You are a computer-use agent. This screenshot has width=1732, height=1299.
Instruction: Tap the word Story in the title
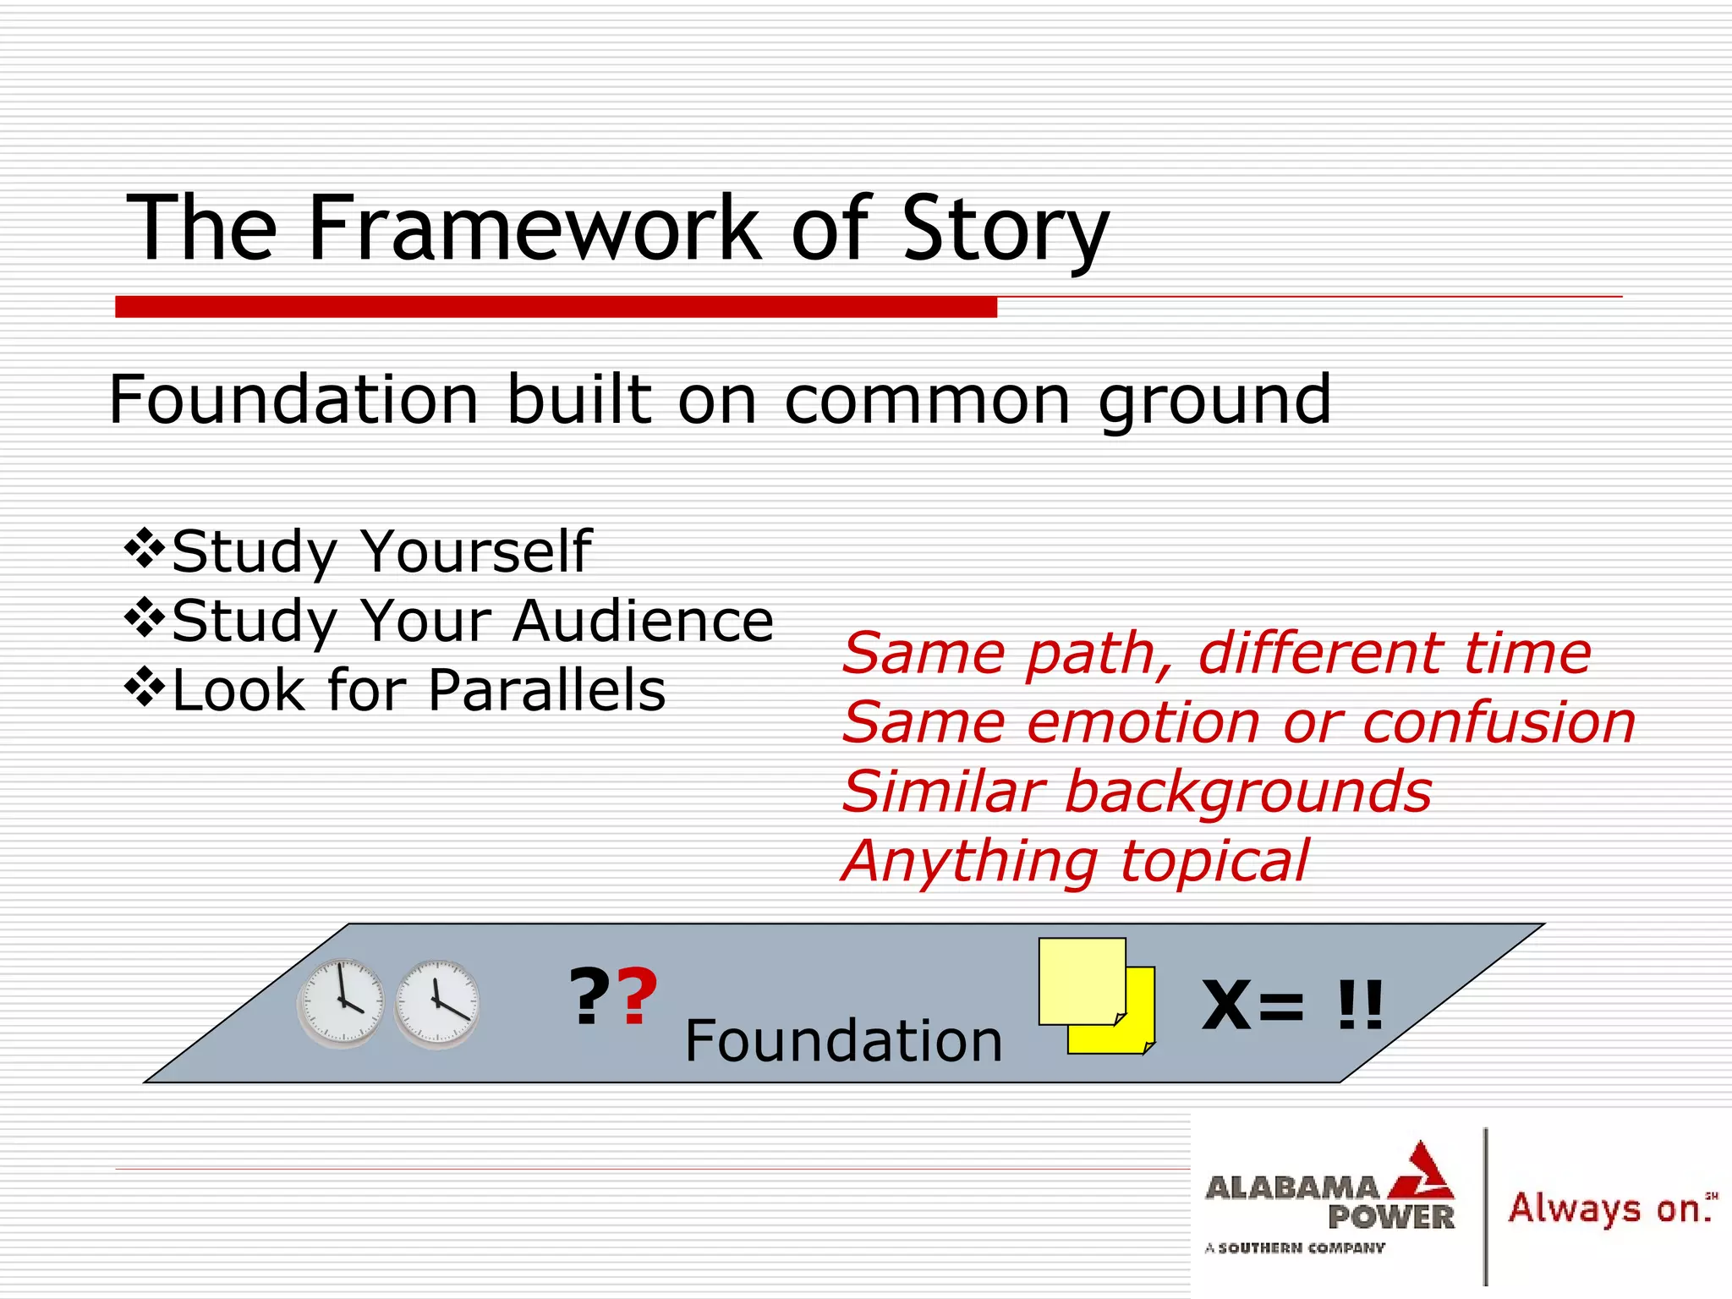coord(1005,230)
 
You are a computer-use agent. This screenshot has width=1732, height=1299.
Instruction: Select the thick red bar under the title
coord(556,307)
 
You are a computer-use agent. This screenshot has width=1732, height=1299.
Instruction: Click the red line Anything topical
coord(1075,862)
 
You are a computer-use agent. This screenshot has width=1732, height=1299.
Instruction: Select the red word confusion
coord(1499,724)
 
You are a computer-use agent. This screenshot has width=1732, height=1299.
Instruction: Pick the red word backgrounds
coord(1247,792)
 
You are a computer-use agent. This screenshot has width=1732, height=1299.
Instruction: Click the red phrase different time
coord(1395,654)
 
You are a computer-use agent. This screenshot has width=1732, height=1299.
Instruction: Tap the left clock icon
coord(341,1003)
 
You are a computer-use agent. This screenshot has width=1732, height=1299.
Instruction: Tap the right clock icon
coord(436,1004)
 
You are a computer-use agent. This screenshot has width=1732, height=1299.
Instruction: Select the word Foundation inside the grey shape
coord(843,1041)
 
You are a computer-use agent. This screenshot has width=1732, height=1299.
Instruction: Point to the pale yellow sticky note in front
coord(1080,980)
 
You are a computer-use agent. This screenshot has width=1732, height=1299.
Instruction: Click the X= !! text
coord(1292,1006)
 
